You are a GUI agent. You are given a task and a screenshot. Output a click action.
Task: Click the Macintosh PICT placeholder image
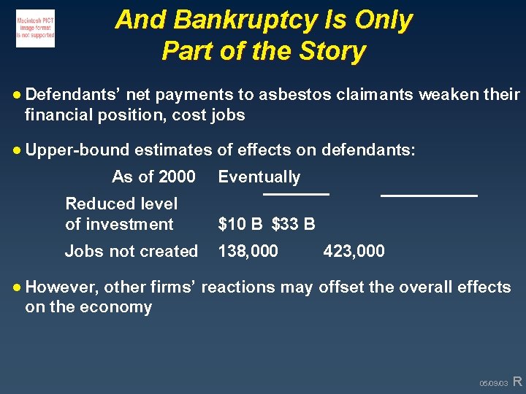[35, 28]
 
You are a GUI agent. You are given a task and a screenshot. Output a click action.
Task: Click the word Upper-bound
[77, 150]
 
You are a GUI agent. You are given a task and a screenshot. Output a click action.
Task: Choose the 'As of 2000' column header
[153, 177]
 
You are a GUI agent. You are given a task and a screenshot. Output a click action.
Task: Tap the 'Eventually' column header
[259, 177]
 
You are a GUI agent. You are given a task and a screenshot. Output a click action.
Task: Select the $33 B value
[294, 224]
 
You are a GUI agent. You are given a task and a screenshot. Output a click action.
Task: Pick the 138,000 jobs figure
[248, 251]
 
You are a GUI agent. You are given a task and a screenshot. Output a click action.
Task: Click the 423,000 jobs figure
[354, 251]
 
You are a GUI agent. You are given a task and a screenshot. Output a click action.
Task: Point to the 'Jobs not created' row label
[131, 251]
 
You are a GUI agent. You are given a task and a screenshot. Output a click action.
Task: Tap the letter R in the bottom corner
[517, 381]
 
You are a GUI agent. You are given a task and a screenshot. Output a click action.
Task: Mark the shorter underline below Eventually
[296, 194]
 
